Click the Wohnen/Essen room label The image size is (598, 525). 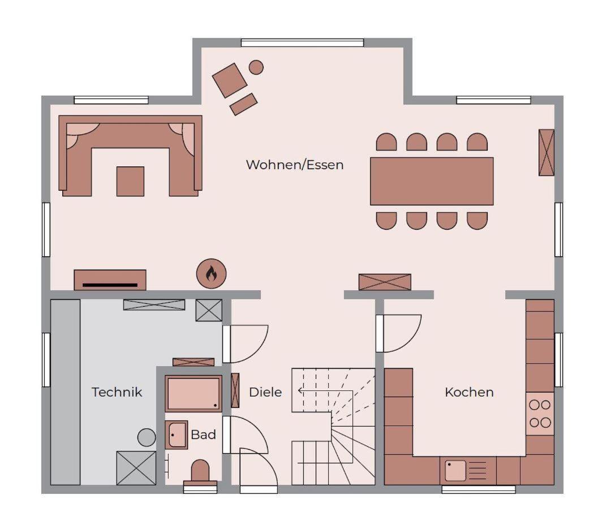coord(295,165)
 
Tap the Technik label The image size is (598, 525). coord(117,392)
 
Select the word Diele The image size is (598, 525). coord(265,392)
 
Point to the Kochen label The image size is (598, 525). coord(469,392)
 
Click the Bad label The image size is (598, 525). coord(203,434)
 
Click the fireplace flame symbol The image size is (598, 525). coord(211,274)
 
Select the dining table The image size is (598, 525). coord(432,181)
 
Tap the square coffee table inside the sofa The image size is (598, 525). coord(131,181)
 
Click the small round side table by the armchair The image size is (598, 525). coord(256,67)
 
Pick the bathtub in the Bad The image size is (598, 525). coord(193,393)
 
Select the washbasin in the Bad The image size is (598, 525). coord(176,434)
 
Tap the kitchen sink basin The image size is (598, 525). coord(455,470)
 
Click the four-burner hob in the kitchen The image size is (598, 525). coord(540,414)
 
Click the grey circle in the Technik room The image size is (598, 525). coord(147,437)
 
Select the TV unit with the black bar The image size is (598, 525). coord(110,280)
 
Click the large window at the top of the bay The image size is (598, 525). coord(303,42)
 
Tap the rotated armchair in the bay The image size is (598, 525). coord(230,80)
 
